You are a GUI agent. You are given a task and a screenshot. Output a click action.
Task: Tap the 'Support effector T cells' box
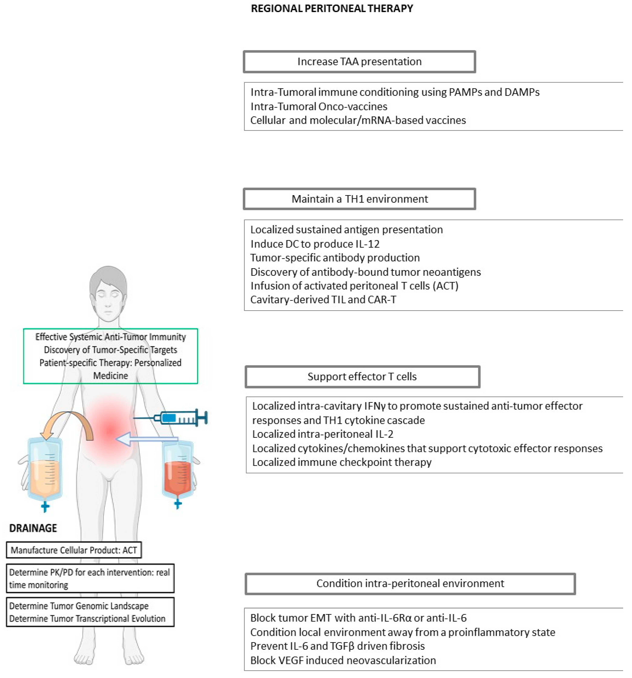point(362,377)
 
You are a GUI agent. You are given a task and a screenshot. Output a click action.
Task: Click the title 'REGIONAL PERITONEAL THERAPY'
point(332,8)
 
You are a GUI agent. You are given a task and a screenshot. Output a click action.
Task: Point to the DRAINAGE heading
point(33,528)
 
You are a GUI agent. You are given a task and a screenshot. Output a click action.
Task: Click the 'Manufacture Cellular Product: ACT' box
point(74,550)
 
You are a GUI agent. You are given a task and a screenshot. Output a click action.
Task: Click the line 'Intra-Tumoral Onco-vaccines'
point(319,106)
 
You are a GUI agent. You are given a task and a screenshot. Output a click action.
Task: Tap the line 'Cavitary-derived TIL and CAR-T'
point(323,299)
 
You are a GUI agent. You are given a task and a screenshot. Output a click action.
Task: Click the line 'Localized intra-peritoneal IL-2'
point(323,434)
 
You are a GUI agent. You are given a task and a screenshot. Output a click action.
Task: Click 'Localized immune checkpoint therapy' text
point(342,462)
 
